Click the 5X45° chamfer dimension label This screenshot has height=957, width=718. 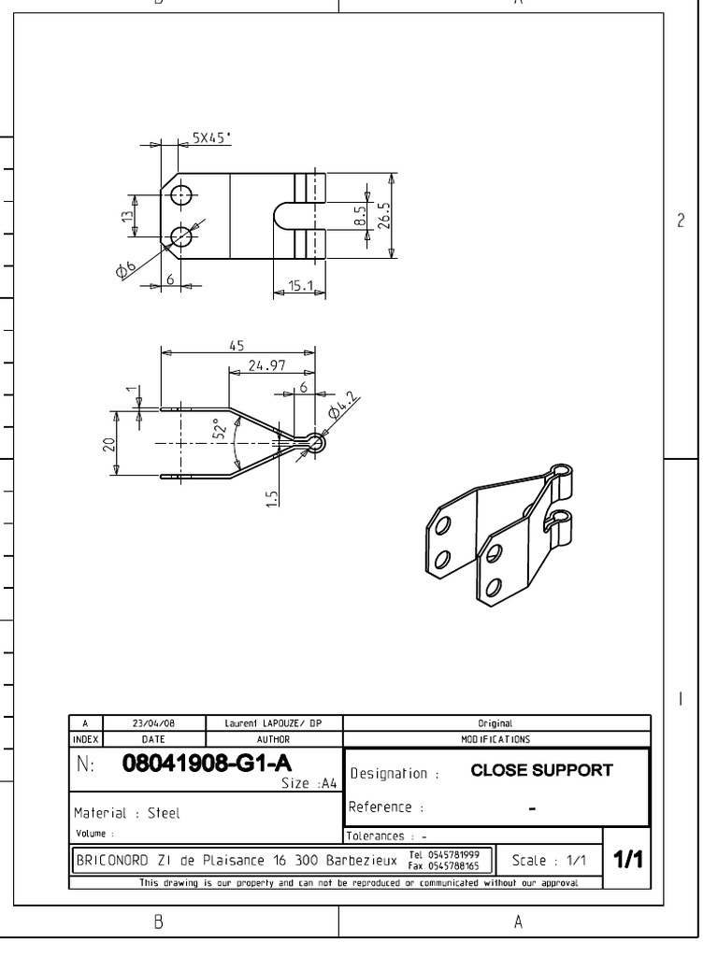pyautogui.click(x=211, y=137)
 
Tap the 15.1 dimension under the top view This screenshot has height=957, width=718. pyautogui.click(x=300, y=286)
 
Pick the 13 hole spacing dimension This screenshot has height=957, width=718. pyautogui.click(x=126, y=217)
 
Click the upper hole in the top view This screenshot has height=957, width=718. pyautogui.click(x=181, y=196)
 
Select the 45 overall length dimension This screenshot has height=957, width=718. pyautogui.click(x=237, y=345)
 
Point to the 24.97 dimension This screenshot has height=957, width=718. pyautogui.click(x=266, y=364)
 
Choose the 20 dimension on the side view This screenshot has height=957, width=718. pyautogui.click(x=108, y=443)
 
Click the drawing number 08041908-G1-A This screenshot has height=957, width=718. pyautogui.click(x=200, y=764)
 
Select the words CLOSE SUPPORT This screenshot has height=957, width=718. pyautogui.click(x=540, y=771)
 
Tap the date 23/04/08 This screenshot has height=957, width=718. pyautogui.click(x=153, y=723)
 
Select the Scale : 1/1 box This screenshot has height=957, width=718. pyautogui.click(x=546, y=860)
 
